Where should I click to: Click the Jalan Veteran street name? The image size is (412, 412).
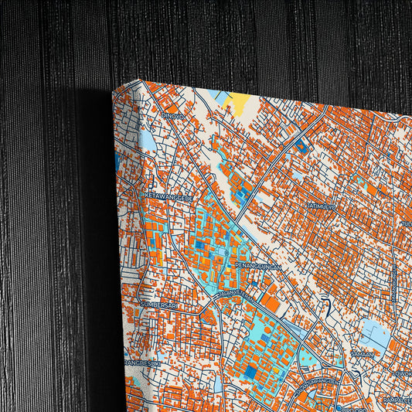[x=235, y=294]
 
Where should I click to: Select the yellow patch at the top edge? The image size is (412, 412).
[x=237, y=100]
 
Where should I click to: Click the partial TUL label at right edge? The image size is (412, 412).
[x=406, y=224]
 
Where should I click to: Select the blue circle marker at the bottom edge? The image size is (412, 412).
[x=338, y=407]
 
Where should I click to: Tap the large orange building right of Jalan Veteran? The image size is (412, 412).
[x=271, y=297]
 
